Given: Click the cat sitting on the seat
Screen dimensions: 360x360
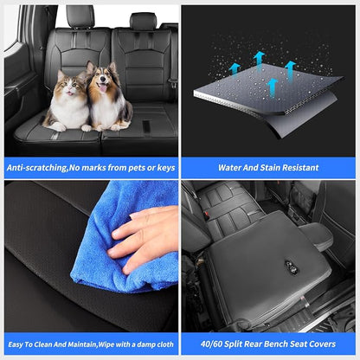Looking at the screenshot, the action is [67, 102].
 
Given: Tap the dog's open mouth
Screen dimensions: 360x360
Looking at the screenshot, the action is [102, 87].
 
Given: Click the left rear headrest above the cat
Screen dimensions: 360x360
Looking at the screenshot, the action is [80, 16].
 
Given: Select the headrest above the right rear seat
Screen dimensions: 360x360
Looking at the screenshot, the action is [143, 21].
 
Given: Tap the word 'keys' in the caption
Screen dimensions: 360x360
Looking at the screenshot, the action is [166, 168].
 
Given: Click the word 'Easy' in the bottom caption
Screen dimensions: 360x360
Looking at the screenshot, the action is [16, 344].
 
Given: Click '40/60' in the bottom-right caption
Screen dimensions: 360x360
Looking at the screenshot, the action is [211, 344].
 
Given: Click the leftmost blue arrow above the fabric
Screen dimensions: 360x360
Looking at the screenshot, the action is [235, 70].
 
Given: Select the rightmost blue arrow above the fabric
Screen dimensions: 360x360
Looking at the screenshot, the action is [290, 71].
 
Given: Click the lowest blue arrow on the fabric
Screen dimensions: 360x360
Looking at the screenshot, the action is [272, 88].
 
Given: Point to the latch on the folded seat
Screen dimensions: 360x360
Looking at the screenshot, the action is [289, 265].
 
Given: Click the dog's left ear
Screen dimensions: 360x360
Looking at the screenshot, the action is [91, 67].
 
